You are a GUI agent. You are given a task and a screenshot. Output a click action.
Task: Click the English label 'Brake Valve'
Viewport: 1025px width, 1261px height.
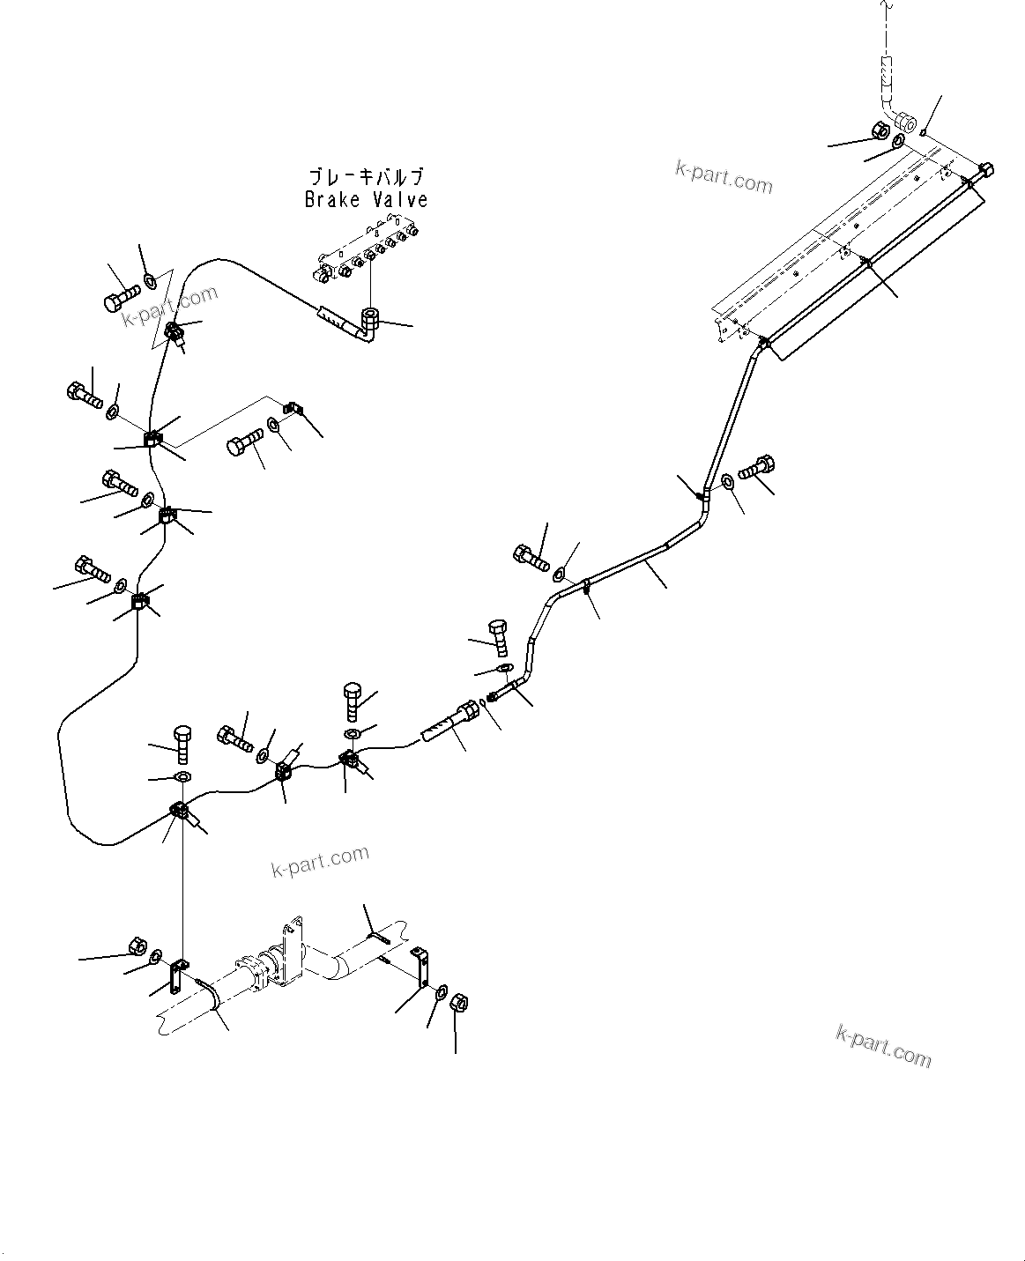[366, 200]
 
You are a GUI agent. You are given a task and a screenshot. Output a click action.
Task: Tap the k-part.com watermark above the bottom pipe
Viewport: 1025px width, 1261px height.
[320, 861]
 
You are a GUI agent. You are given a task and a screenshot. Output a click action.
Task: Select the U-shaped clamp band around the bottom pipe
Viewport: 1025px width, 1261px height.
[212, 998]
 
